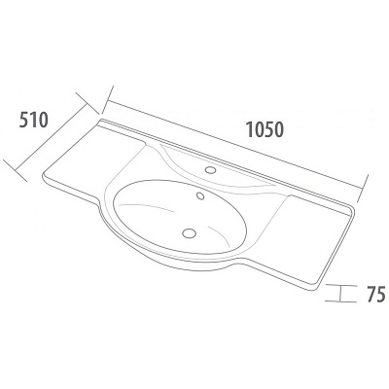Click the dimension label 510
click(34, 120)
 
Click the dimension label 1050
click(265, 129)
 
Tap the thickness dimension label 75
click(376, 294)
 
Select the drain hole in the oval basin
click(190, 233)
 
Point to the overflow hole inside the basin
click(200, 195)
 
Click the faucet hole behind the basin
click(211, 169)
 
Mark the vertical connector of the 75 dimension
click(340, 294)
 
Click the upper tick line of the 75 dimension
click(341, 285)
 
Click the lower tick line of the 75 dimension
click(340, 301)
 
